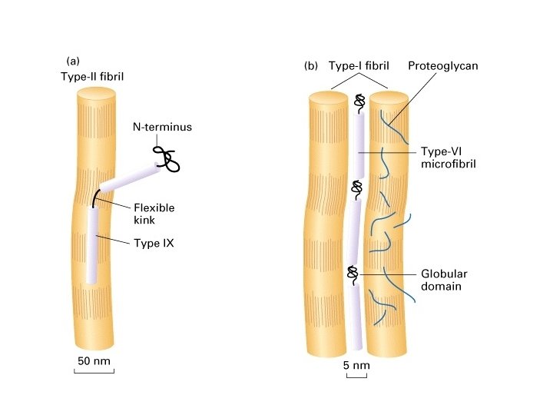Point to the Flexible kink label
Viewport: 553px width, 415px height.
click(154, 214)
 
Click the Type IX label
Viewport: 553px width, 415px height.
click(152, 242)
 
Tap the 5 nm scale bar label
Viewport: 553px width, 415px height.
click(356, 365)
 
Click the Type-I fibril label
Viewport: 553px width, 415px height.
click(355, 66)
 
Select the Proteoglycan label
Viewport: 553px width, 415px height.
click(443, 66)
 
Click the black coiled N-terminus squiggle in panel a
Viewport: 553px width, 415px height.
click(167, 158)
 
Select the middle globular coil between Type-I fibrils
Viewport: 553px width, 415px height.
click(356, 187)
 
